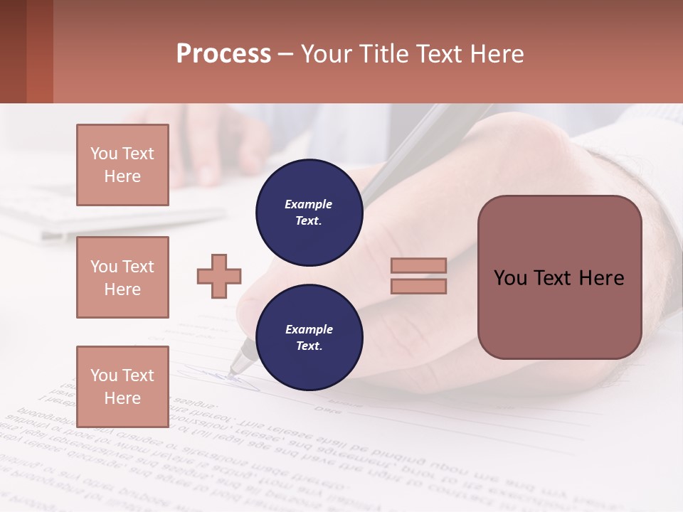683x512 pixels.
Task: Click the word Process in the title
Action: pyautogui.click(x=223, y=54)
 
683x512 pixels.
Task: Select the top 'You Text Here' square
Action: pyautogui.click(x=122, y=165)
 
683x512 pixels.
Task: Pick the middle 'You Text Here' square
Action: pyautogui.click(x=122, y=277)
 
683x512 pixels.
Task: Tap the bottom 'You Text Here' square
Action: pyautogui.click(x=122, y=386)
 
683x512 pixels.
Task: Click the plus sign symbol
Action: pyautogui.click(x=219, y=276)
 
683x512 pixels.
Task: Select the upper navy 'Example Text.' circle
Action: pyautogui.click(x=309, y=213)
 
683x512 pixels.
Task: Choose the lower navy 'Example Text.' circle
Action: pyautogui.click(x=309, y=338)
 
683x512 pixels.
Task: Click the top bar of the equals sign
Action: pyautogui.click(x=418, y=265)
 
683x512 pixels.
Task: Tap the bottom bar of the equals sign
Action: pyautogui.click(x=418, y=286)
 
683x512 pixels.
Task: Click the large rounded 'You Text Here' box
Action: pyautogui.click(x=559, y=277)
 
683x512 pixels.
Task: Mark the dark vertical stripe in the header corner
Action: pyautogui.click(x=39, y=51)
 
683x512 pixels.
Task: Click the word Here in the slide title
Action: pyautogui.click(x=497, y=54)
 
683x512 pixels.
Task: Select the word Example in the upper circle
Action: pyautogui.click(x=309, y=205)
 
